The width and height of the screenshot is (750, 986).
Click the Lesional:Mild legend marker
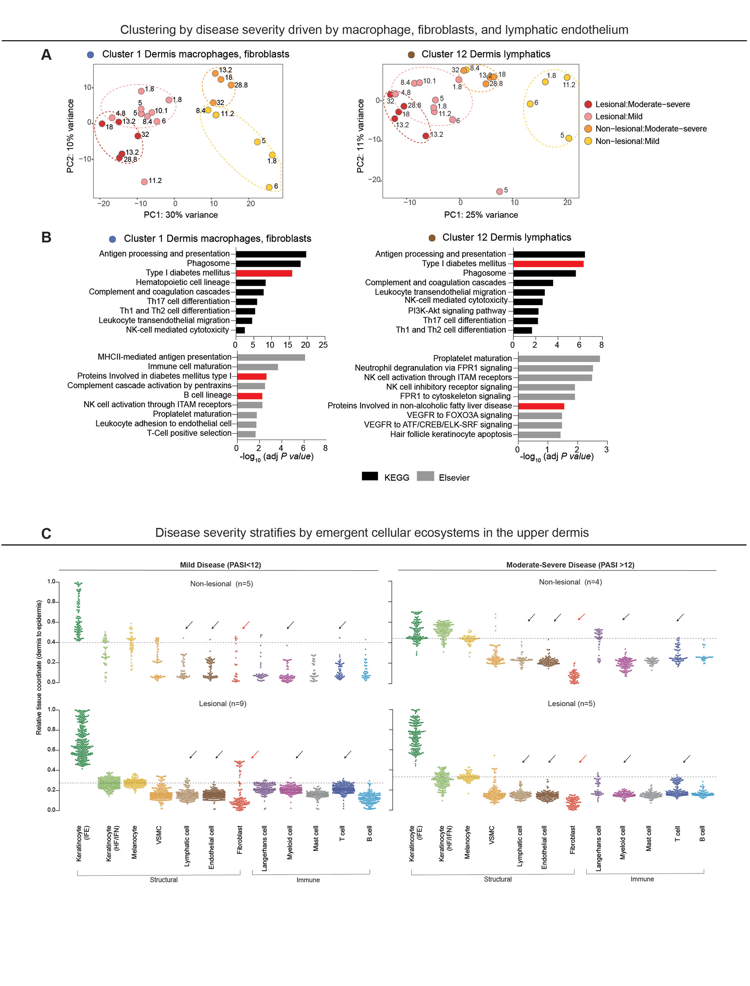pyautogui.click(x=588, y=117)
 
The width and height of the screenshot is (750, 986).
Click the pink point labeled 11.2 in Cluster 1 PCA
pyautogui.click(x=144, y=182)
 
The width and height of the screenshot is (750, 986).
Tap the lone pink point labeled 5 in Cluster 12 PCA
pyautogui.click(x=499, y=191)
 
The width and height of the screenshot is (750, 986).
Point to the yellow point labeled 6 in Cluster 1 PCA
pyautogui.click(x=269, y=187)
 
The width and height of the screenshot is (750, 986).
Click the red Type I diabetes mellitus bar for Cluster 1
pyautogui.click(x=264, y=273)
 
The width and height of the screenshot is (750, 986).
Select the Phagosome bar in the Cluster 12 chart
pyautogui.click(x=544, y=273)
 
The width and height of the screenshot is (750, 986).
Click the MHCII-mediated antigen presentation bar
pyautogui.click(x=271, y=357)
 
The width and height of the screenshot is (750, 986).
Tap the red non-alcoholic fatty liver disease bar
pyautogui.click(x=541, y=406)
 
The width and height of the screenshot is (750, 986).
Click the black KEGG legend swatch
pyautogui.click(x=370, y=476)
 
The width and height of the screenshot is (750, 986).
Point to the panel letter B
pyautogui.click(x=46, y=237)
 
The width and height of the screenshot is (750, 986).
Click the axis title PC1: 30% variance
pyautogui.click(x=181, y=215)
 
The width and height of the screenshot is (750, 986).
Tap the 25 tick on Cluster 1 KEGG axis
pyautogui.click(x=323, y=345)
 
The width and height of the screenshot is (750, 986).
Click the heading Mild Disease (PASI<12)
pyautogui.click(x=220, y=565)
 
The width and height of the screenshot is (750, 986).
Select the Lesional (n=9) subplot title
pyautogui.click(x=222, y=704)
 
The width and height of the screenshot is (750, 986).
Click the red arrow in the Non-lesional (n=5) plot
pyautogui.click(x=246, y=625)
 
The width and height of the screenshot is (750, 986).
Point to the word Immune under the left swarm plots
pyautogui.click(x=308, y=880)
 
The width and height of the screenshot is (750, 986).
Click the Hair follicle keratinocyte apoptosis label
pyautogui.click(x=451, y=434)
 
